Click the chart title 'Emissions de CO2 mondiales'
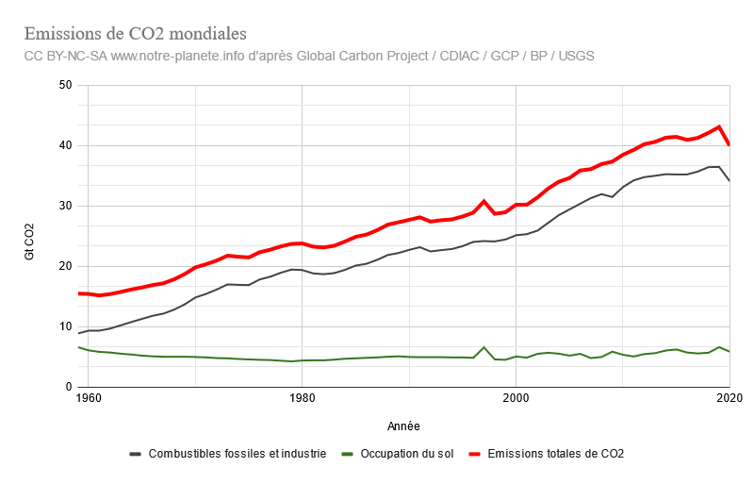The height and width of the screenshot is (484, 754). pos(135,35)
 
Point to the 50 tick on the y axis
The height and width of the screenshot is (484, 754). pos(65,85)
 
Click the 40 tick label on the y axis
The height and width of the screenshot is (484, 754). pos(65,145)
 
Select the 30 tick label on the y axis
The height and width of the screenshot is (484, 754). pos(65,206)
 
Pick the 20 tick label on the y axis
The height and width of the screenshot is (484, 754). pos(65,266)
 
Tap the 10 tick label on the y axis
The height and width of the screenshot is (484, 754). pos(65,326)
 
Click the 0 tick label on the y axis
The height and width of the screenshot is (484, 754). pos(68,387)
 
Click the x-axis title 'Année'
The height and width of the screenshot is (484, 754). pos(403,425)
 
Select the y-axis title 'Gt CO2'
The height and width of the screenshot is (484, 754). pos(30,241)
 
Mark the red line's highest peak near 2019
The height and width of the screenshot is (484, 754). pos(719,126)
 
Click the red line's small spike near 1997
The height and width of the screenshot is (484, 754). pos(484,201)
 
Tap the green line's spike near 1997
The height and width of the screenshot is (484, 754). pos(484,347)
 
